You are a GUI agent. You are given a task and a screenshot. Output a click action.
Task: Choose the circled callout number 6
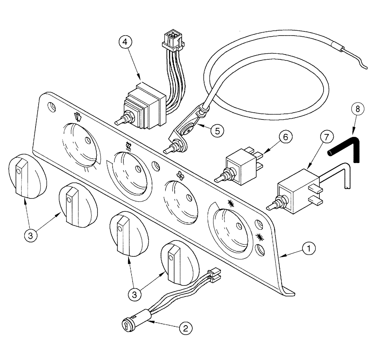pyautogui.click(x=285, y=138)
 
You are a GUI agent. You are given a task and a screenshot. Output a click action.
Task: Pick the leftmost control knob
pyautogui.click(x=26, y=177)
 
